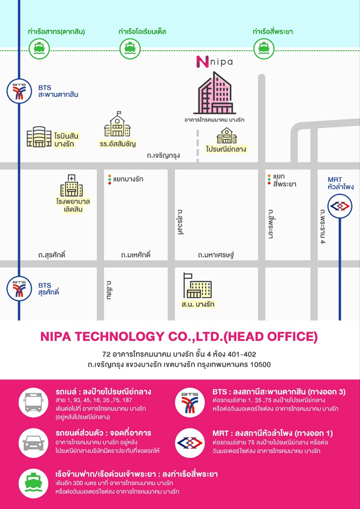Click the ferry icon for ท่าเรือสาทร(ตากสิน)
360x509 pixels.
[x=39, y=49]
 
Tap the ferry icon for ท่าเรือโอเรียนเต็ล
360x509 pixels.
[x=129, y=49]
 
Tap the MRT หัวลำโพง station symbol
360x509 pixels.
[x=339, y=206]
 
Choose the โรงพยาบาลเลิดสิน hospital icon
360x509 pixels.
[x=71, y=186]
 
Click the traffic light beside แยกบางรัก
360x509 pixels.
[x=109, y=180]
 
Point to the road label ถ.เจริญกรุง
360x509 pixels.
[x=164, y=156]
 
